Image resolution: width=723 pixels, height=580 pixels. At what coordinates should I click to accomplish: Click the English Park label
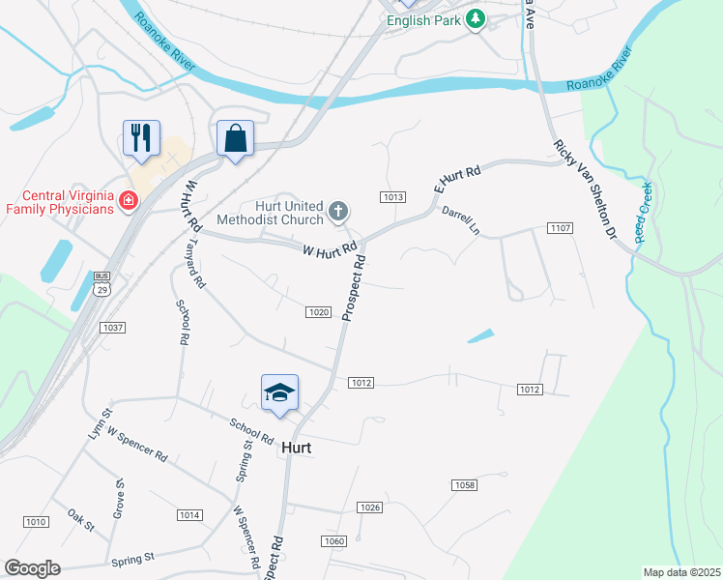pos(422,19)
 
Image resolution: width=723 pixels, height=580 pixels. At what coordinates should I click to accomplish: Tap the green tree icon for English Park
pos(475,19)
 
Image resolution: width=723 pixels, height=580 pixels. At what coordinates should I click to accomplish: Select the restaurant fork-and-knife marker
pos(140,137)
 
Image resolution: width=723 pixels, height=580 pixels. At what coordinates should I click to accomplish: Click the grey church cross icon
pos(337,210)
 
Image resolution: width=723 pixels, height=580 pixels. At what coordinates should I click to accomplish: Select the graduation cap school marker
pos(279,392)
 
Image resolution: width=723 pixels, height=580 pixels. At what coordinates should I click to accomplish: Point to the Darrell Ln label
pos(461,220)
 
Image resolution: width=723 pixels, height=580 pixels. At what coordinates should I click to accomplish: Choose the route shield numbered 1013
pos(392,197)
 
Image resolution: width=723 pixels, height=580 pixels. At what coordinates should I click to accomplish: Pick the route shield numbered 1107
pos(560,228)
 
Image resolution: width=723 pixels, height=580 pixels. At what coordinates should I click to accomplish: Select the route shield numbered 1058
pos(464,484)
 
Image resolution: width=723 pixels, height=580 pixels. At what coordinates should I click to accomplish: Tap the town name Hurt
pos(297,449)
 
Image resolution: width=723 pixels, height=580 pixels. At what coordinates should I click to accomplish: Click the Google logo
pos(33,568)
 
